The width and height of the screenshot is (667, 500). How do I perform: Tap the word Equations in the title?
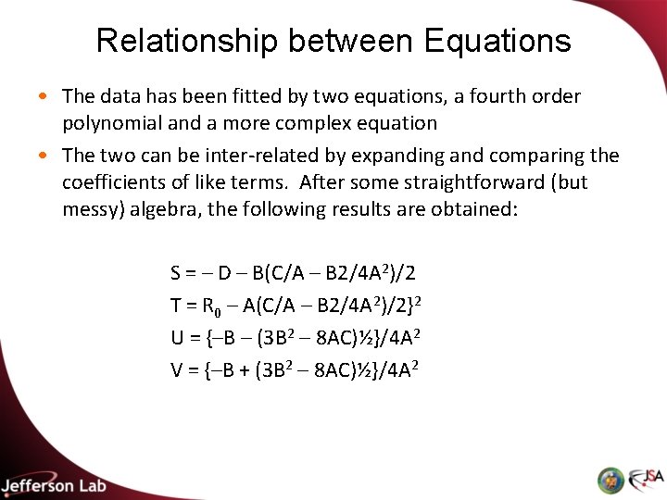pyautogui.click(x=497, y=41)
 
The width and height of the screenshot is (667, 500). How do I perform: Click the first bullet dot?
pyautogui.click(x=45, y=96)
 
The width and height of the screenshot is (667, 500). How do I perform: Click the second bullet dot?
pyautogui.click(x=45, y=156)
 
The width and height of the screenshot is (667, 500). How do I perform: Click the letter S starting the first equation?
pyautogui.click(x=176, y=273)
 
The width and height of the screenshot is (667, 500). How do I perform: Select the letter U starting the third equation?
pyautogui.click(x=177, y=338)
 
